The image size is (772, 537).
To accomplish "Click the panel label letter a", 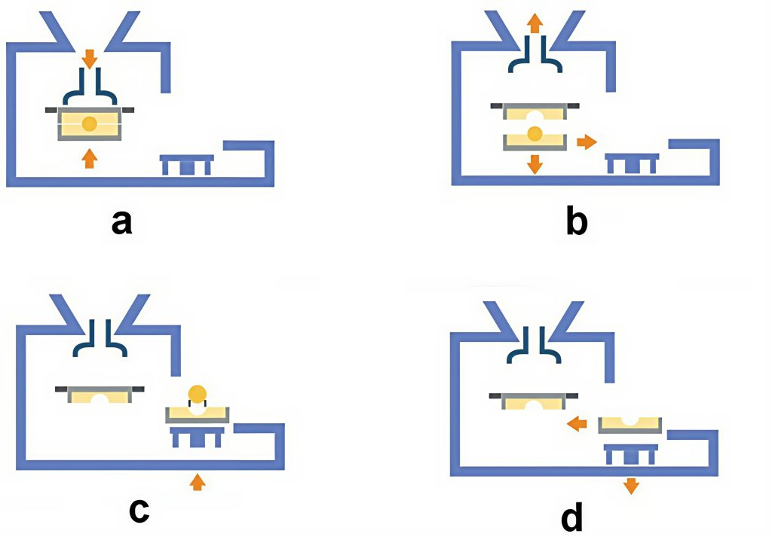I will (121, 222).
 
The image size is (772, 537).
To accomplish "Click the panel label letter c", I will (137, 509).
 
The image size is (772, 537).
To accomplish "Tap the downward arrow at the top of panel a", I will (89, 58).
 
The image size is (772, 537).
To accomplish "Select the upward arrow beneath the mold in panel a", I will (89, 157).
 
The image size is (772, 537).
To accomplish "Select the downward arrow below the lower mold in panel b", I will (535, 163).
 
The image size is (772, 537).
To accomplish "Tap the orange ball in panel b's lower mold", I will (535, 134).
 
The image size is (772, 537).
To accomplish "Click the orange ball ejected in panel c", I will (197, 393).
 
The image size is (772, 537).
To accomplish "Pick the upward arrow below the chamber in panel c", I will (197, 481).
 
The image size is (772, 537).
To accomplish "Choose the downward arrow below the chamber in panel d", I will (631, 485).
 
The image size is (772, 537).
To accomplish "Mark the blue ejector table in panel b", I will (632, 161).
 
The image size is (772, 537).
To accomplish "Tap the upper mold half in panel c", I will (99, 393).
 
